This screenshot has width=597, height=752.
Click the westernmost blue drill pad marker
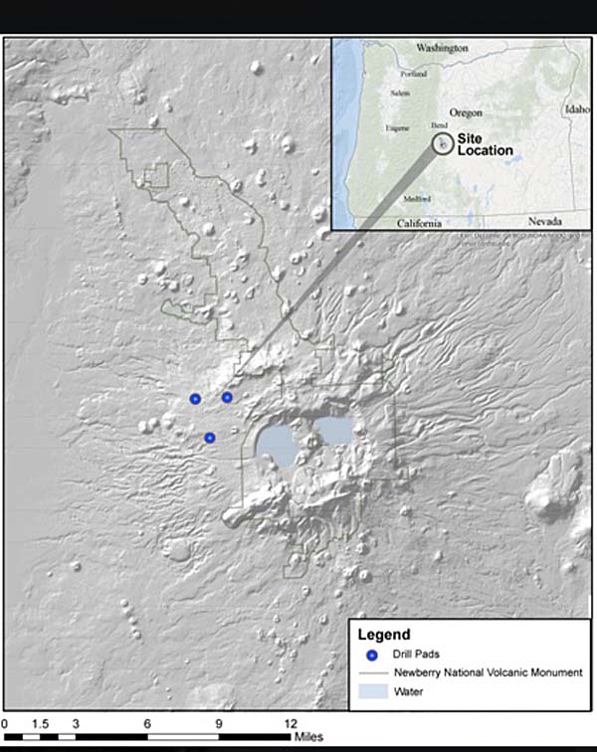tap(195, 399)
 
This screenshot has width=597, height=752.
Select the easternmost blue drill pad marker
tap(227, 397)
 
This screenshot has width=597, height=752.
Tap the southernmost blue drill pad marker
tap(210, 438)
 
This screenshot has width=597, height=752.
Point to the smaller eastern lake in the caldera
tap(334, 431)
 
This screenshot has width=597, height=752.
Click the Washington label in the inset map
tap(442, 48)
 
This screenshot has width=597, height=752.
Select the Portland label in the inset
tap(413, 75)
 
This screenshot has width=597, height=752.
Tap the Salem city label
tap(400, 93)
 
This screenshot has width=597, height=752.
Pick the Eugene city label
tap(397, 128)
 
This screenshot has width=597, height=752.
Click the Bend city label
tap(439, 126)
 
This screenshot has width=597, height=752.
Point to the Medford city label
tap(417, 198)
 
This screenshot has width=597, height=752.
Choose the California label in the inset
tap(419, 224)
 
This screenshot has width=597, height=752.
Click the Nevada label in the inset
tap(545, 221)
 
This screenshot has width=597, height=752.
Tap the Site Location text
tap(485, 145)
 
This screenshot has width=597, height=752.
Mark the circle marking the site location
tap(442, 143)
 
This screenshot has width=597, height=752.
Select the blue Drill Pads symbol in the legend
tap(372, 655)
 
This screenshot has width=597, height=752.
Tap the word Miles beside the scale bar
tap(306, 737)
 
